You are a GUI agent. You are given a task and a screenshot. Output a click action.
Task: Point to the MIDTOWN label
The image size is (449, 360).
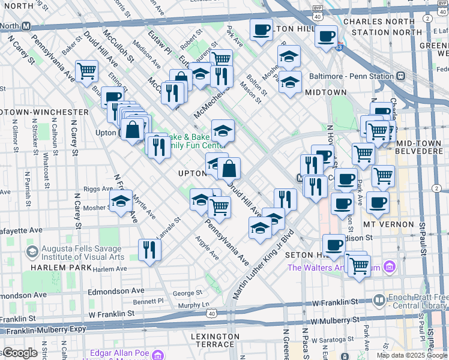[x=325, y=92]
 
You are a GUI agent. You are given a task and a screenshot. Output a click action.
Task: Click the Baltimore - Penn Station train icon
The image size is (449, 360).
[x=397, y=77]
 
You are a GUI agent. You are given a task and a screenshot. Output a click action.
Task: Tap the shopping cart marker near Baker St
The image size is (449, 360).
[x=87, y=71]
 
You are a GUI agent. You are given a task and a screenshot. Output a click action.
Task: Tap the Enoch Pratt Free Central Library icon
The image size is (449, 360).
[x=379, y=299]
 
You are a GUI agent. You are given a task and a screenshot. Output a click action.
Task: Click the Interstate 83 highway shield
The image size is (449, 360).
[x=340, y=46]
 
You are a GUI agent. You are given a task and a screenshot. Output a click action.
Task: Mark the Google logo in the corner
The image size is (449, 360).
[x=20, y=353]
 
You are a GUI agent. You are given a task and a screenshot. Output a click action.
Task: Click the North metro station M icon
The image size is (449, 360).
[x=26, y=26]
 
